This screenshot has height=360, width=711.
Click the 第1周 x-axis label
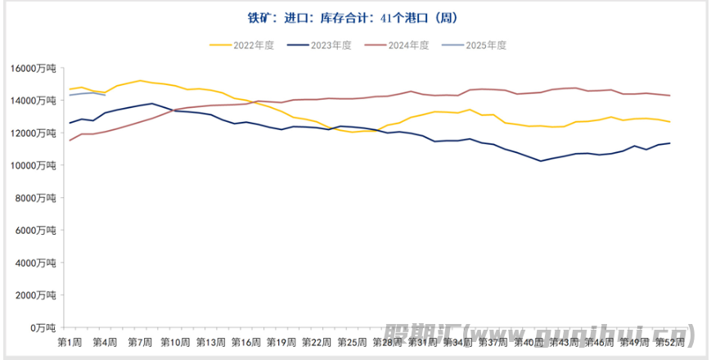point(69,340)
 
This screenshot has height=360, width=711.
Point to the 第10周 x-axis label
point(177,340)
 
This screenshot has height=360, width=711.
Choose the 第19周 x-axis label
point(281,340)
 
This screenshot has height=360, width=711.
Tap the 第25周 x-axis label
point(352,340)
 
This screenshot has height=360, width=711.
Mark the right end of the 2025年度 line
point(104,95)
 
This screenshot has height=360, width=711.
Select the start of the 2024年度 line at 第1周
point(70,141)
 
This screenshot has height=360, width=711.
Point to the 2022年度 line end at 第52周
point(670,122)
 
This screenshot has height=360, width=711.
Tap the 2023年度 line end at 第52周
point(670,143)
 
